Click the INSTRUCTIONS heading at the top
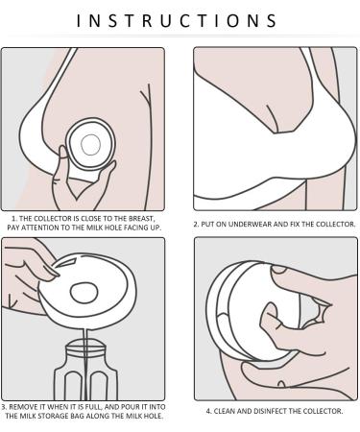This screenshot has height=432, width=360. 177,21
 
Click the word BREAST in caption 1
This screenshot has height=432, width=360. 141,219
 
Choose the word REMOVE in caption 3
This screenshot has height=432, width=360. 23,407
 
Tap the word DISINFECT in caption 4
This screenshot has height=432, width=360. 271,411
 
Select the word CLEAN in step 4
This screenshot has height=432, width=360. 224,411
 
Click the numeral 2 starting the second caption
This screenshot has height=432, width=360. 196,225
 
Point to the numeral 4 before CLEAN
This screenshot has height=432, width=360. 208,411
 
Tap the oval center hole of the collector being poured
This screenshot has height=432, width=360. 84,293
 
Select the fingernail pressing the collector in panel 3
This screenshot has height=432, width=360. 52,271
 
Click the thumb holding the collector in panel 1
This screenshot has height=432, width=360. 63,153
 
